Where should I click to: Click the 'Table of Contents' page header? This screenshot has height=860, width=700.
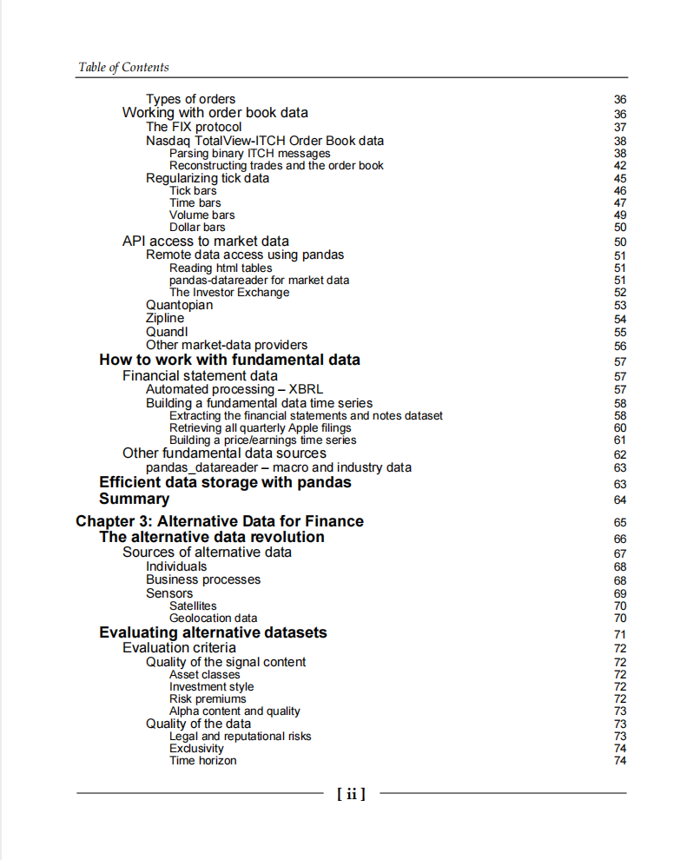123,68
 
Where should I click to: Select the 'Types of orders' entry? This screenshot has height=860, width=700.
190,99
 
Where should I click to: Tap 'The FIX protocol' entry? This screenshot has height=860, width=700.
194,127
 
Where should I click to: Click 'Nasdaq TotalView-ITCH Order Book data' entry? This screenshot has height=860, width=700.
265,141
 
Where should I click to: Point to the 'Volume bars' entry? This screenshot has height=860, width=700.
201,215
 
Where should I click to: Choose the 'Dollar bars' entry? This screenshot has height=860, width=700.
197,228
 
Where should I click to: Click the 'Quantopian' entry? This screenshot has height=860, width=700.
179,305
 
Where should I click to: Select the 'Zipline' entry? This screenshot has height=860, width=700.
165,318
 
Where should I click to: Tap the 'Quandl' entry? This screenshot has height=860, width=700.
167,332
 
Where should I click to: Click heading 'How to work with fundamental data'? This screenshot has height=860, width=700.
229,360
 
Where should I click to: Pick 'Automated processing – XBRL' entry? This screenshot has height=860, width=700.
234,389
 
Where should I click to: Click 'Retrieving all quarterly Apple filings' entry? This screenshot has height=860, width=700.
261,427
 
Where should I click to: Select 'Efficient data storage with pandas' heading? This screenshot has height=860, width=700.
225,482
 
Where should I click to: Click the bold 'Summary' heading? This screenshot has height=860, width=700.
134,499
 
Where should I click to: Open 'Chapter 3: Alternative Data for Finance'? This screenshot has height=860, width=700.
220,521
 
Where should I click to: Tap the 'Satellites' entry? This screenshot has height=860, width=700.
193,605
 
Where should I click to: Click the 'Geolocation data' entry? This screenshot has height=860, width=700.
213,619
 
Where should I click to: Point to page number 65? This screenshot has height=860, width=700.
619,523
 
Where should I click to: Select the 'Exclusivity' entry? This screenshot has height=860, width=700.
196,748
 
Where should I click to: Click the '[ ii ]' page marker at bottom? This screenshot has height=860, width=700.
351,793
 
